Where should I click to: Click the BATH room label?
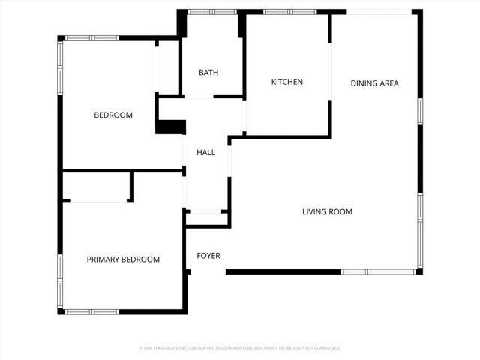click(208, 73)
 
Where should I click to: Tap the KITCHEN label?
click(286, 82)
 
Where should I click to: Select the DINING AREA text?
click(374, 82)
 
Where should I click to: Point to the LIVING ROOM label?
click(327, 212)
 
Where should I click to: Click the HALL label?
click(205, 153)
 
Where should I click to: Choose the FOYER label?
click(208, 256)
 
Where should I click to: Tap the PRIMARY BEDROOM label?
click(123, 259)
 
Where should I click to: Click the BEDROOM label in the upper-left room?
click(113, 115)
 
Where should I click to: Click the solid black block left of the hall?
click(171, 127)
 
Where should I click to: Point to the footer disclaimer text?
click(240, 348)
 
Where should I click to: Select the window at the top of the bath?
click(210, 12)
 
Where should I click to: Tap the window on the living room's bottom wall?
click(379, 271)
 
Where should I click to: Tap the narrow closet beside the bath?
click(167, 67)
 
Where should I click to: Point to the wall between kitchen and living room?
click(281, 136)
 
